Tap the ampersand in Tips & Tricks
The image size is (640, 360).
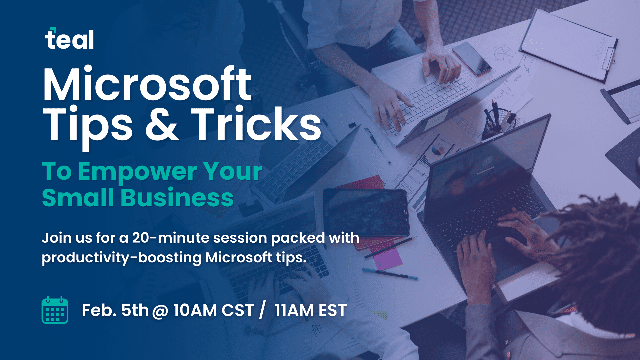[162, 124]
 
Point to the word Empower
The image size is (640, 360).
[137, 172]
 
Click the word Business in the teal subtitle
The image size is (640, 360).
[177, 198]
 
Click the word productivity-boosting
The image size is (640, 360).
[122, 258]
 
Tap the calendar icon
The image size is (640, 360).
[55, 310]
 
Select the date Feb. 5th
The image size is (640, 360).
[115, 310]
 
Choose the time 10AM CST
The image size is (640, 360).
[214, 310]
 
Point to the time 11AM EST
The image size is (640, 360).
[311, 310]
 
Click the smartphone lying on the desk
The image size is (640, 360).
[472, 59]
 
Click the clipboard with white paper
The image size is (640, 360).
[568, 45]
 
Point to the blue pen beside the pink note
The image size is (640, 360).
[390, 273]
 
